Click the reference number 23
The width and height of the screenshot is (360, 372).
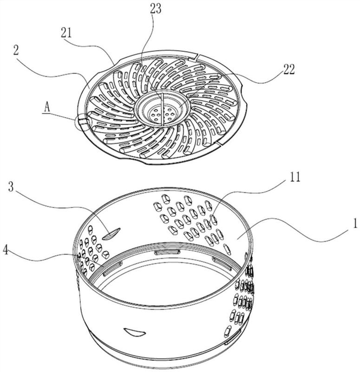pos(156,8)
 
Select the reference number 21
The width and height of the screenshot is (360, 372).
pos(66,33)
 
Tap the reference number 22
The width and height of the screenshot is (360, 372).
pos(288,69)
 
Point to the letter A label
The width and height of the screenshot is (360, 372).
pos(47,108)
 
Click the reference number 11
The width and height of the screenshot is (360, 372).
pos(295,177)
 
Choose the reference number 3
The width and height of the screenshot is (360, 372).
pos(11,187)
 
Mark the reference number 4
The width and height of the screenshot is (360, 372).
pos(6,250)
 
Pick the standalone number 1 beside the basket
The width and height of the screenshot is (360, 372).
pos(354,223)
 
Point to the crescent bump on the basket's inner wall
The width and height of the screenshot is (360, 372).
pos(111,234)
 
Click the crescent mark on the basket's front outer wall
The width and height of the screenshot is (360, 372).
pos(134,332)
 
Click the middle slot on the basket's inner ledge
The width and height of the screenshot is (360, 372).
pos(167,252)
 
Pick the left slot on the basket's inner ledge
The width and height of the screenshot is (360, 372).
pos(113,268)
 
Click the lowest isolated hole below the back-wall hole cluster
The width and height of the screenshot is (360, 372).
pos(227,249)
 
